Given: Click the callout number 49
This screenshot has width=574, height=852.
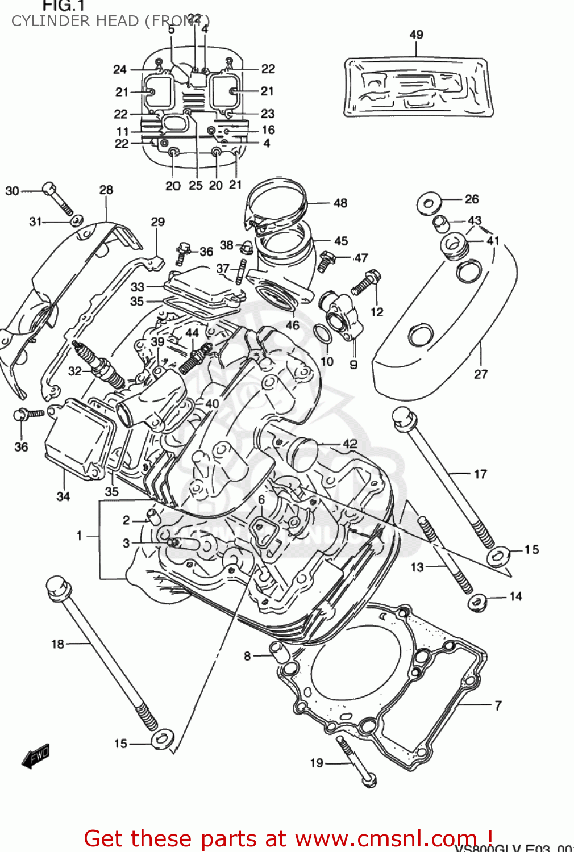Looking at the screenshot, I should point(416,35).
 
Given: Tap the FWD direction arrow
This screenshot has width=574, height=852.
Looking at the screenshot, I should point(36,757).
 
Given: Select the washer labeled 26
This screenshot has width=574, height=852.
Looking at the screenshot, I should point(429,204).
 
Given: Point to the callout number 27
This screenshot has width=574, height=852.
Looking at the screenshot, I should point(481,374).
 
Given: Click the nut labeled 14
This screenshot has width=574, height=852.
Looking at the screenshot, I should point(478,603).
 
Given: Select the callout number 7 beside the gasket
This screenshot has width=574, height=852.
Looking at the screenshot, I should point(498,705).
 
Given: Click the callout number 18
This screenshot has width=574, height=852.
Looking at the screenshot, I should point(58,644).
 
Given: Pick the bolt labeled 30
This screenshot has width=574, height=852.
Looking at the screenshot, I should point(56,197).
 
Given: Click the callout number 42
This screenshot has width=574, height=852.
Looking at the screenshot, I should point(350,444).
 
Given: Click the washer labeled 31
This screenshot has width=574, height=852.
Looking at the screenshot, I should point(77,220).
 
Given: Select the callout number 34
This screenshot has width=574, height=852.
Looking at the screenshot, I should point(63,496).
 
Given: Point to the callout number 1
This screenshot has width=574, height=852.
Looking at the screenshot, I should point(80,535).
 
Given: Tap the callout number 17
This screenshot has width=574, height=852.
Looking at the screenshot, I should point(480,474).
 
